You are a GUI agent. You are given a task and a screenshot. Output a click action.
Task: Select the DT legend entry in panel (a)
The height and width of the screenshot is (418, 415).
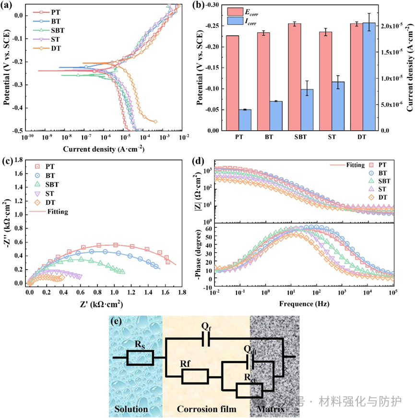tap(50, 48)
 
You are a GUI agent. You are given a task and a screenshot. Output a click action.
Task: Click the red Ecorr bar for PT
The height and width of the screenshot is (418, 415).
tap(232, 83)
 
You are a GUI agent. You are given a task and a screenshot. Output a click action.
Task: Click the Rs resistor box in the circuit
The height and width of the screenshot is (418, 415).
tap(140, 357)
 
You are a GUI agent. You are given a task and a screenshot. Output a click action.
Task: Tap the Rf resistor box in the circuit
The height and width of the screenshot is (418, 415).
tap(195, 376)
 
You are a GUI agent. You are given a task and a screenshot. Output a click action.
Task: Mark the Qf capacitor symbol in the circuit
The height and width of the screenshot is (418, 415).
tap(206, 339)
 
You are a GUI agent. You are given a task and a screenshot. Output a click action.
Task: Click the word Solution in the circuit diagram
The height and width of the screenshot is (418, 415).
tap(131, 409)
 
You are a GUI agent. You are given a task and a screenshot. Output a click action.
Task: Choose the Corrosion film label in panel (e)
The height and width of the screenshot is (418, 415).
tap(207, 409)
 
